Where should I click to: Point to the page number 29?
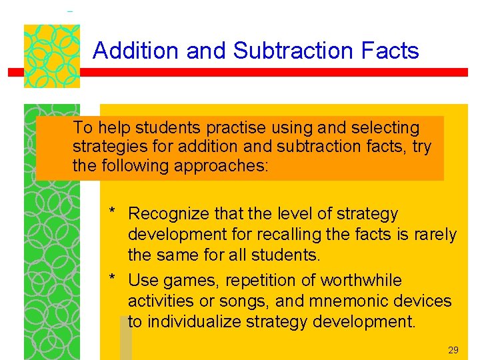tap(453, 350)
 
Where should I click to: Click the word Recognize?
tap(169, 215)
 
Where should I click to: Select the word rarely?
tap(434, 235)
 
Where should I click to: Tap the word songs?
tap(247, 301)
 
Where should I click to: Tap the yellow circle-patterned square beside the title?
tap(52, 56)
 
